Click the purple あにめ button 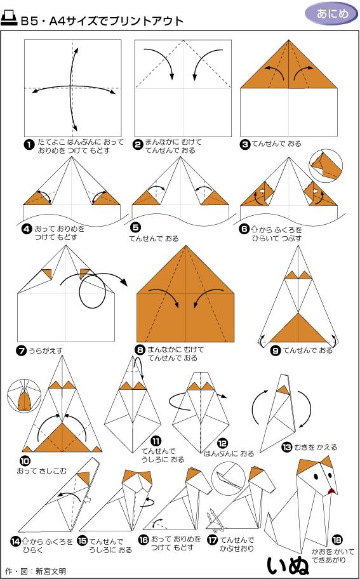pos(331,13)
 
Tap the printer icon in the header pos(10,20)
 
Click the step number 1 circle pos(29,145)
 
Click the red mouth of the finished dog pos(330,491)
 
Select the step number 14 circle pos(16,541)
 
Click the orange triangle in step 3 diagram pos(289,67)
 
